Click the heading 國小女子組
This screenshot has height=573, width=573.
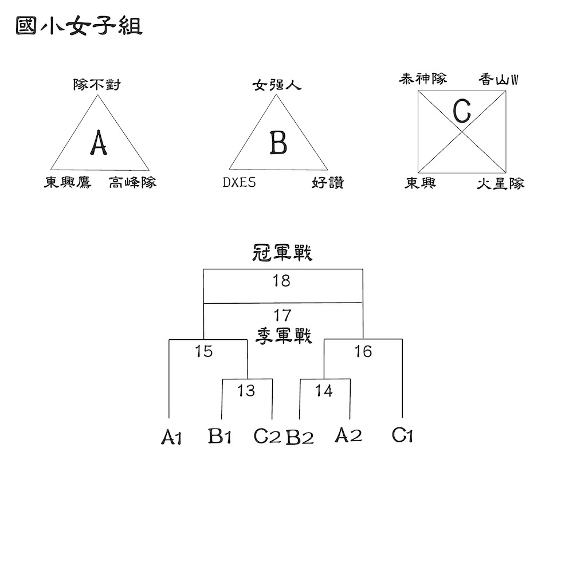click(79, 26)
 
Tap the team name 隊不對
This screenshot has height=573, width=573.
click(97, 85)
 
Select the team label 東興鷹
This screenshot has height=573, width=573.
click(68, 182)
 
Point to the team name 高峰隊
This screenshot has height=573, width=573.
click(133, 182)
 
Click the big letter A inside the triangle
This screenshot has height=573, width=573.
click(99, 143)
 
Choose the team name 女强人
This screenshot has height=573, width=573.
click(277, 85)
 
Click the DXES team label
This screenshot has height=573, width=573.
click(240, 182)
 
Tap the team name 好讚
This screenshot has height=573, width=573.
click(328, 182)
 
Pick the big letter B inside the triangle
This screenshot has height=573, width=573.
click(278, 143)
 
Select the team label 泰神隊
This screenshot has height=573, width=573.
click(423, 79)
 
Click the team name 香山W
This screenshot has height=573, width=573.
click(499, 80)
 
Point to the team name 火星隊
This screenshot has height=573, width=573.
click(501, 183)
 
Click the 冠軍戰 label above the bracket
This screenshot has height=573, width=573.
click(282, 253)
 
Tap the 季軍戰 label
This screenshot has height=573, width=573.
click(284, 336)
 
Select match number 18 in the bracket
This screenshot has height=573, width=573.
click(281, 281)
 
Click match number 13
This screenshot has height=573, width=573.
click(246, 391)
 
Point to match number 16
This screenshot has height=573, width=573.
click(363, 351)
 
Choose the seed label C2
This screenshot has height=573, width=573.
click(267, 436)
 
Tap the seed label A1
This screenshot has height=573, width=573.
click(171, 437)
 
